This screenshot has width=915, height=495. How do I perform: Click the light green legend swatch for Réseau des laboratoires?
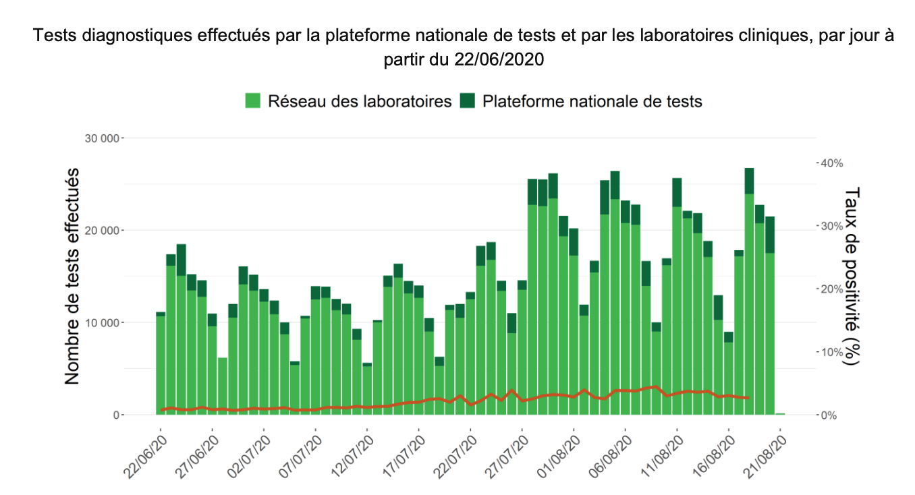tap(253, 101)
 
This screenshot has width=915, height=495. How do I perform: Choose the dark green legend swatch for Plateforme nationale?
tap(467, 101)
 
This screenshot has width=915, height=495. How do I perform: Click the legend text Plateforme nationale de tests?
tap(592, 101)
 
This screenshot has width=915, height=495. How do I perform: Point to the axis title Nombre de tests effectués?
tap(72, 276)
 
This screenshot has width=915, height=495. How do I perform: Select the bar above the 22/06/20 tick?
tap(161, 364)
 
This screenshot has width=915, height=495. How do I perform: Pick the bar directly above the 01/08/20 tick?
tap(574, 324)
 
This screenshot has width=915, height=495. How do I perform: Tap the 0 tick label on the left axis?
tap(115, 415)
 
